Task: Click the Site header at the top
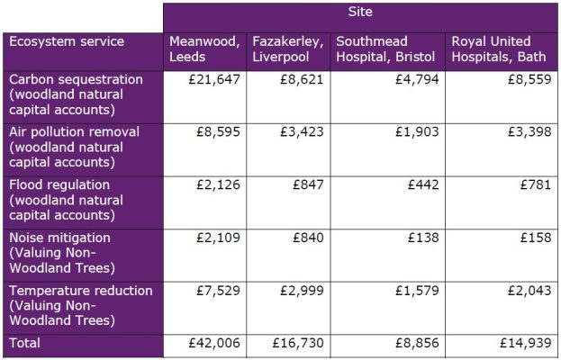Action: (360, 13)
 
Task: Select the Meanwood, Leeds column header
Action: (204, 49)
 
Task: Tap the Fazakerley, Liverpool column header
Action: (287, 49)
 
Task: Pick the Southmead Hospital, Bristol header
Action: (387, 49)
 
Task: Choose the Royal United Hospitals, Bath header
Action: (500, 49)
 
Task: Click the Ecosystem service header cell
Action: (68, 41)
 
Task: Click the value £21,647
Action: (218, 79)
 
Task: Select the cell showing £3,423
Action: (302, 131)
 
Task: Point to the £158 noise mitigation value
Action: (533, 238)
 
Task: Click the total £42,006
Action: (218, 344)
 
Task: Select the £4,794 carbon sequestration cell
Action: (413, 79)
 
